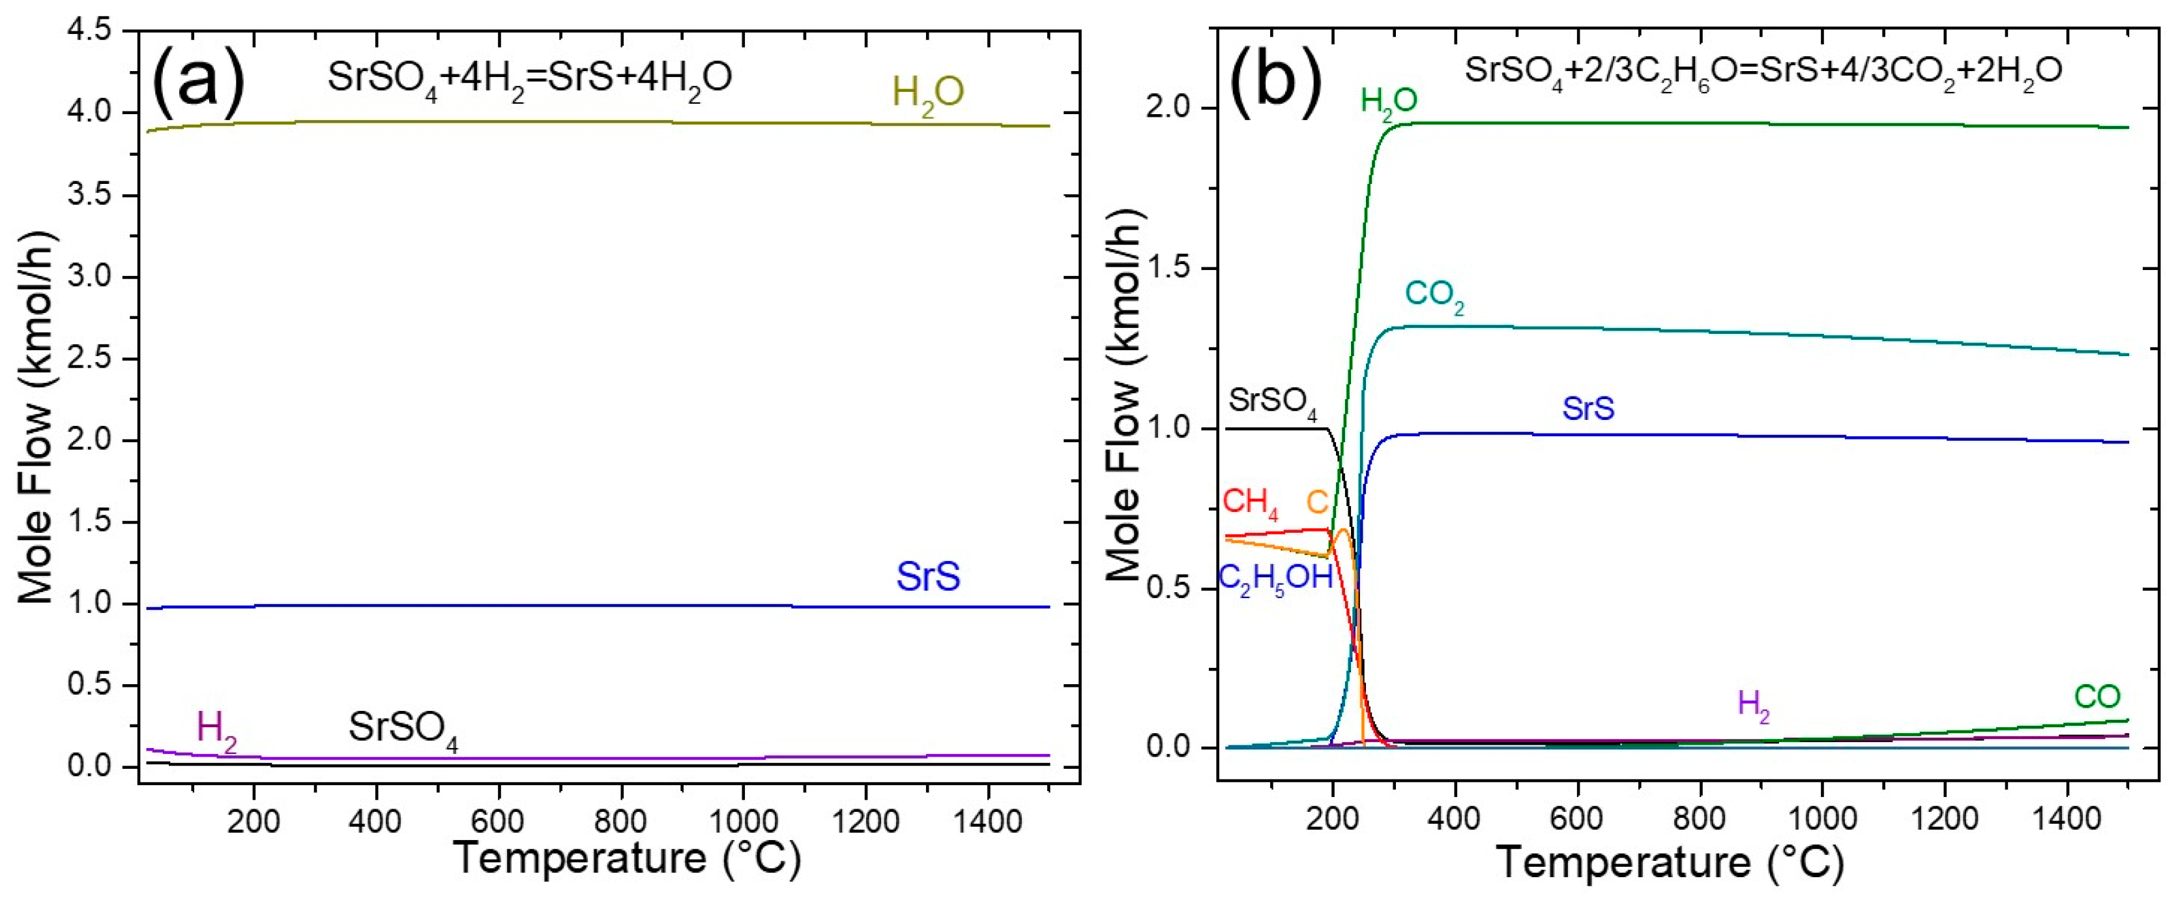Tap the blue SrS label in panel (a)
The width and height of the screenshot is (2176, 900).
point(927,577)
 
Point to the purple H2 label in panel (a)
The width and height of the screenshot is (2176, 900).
point(216,732)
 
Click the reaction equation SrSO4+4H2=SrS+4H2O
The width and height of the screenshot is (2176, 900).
point(530,80)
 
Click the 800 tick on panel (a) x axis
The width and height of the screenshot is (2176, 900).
point(621,820)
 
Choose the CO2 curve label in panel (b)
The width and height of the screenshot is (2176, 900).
point(1434,297)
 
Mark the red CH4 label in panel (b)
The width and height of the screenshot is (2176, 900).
point(1250,503)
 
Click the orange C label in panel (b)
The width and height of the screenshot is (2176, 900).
point(1317,503)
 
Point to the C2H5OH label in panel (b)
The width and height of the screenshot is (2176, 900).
point(1275,580)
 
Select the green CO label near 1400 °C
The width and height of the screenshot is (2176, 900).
point(2096,697)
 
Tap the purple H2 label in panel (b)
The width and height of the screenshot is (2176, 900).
point(1753,706)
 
